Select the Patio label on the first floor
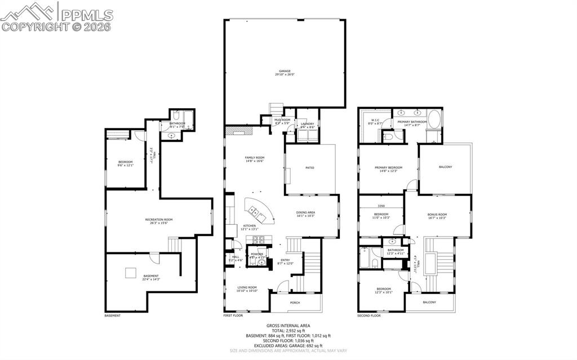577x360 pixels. pyautogui.click(x=309, y=167)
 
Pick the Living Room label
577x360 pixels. pyautogui.click(x=246, y=288)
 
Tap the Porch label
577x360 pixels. pyautogui.click(x=295, y=303)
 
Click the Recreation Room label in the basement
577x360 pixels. pyautogui.click(x=161, y=220)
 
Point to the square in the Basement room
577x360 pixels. pyautogui.click(x=131, y=273)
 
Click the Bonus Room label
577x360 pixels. pyautogui.click(x=437, y=215)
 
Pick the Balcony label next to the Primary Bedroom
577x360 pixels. pyautogui.click(x=445, y=167)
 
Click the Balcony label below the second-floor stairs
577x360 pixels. pyautogui.click(x=429, y=303)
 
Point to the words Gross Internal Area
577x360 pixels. pyautogui.click(x=288, y=326)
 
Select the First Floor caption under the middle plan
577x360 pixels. pyautogui.click(x=232, y=315)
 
